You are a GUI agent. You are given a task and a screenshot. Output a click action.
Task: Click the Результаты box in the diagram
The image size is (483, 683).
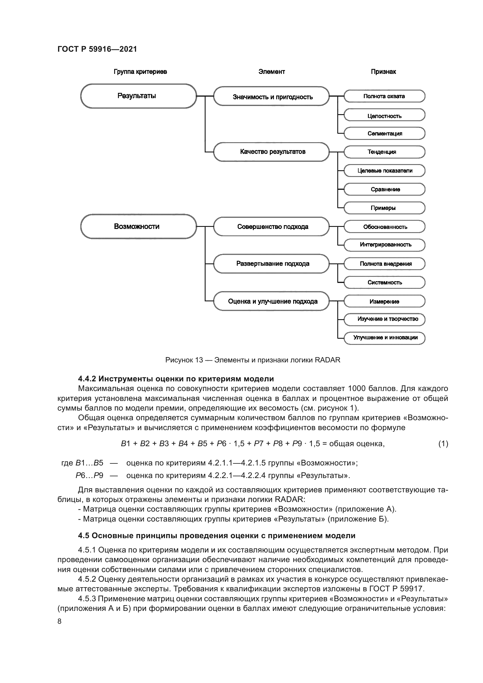click(x=138, y=96)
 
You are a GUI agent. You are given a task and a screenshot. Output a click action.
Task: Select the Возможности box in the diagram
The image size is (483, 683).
click(x=138, y=226)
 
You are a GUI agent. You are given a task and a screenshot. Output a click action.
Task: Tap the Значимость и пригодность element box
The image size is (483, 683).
click(x=271, y=96)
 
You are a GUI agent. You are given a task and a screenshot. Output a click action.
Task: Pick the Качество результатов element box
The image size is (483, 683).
click(x=271, y=152)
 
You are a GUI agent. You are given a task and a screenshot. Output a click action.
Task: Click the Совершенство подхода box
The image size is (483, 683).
click(x=271, y=227)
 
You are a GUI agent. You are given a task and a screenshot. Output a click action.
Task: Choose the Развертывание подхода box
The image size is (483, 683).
click(x=271, y=264)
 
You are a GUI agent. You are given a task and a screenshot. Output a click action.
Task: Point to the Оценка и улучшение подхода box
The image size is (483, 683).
click(x=271, y=301)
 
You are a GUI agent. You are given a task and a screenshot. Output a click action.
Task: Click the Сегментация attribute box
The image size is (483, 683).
click(x=384, y=133)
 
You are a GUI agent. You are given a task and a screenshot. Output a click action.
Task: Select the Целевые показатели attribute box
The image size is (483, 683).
click(x=384, y=171)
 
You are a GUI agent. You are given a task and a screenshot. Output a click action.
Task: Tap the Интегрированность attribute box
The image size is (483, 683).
click(x=384, y=245)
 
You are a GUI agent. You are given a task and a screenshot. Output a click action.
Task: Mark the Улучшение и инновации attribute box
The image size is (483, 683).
click(x=384, y=338)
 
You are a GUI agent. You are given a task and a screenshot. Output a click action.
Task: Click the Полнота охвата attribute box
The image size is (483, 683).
click(x=384, y=96)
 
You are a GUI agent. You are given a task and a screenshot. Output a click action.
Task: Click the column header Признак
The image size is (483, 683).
click(x=383, y=72)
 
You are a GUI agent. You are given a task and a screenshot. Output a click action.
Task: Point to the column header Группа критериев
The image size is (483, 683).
click(x=140, y=72)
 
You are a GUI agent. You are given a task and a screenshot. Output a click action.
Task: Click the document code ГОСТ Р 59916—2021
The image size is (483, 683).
click(x=97, y=49)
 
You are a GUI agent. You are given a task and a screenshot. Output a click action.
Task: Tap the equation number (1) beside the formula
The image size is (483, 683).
click(x=443, y=444)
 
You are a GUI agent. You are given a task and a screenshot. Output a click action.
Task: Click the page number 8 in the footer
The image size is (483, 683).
click(x=60, y=621)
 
